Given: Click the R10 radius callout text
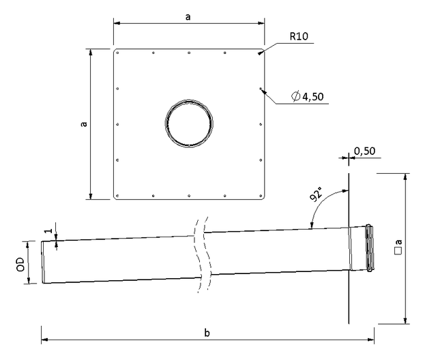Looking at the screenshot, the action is pyautogui.click(x=299, y=36).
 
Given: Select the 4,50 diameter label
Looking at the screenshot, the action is pyautogui.click(x=313, y=97).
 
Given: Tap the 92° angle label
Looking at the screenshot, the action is pyautogui.click(x=316, y=194).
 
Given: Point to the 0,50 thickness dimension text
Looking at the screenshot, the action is pyautogui.click(x=364, y=151).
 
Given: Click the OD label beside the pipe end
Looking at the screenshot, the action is pyautogui.click(x=20, y=265).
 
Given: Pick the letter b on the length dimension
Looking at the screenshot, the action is pyautogui.click(x=207, y=333).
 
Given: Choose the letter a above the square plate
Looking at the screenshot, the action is pyautogui.click(x=188, y=17).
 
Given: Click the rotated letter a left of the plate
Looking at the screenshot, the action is pyautogui.click(x=84, y=124).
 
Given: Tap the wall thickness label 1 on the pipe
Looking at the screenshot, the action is pyautogui.click(x=48, y=231).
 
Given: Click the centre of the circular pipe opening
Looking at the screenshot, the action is pyautogui.click(x=189, y=123).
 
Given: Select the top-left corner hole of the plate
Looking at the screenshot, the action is pyautogui.click(x=117, y=53).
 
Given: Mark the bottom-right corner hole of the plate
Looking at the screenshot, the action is pyautogui.click(x=261, y=196).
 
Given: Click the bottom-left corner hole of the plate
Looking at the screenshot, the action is pyautogui.click(x=117, y=196).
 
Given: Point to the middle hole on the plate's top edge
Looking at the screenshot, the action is pyautogui.click(x=189, y=53).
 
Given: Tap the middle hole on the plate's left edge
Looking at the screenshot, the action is pyautogui.click(x=117, y=124).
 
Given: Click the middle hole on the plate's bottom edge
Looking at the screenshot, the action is pyautogui.click(x=189, y=196).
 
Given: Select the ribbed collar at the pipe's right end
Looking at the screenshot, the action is pyautogui.click(x=369, y=247).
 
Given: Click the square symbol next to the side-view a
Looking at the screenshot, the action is pyautogui.click(x=398, y=251).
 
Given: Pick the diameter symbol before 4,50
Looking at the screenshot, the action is pyautogui.click(x=296, y=96).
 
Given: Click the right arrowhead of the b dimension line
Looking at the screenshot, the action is pyautogui.click(x=371, y=340).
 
